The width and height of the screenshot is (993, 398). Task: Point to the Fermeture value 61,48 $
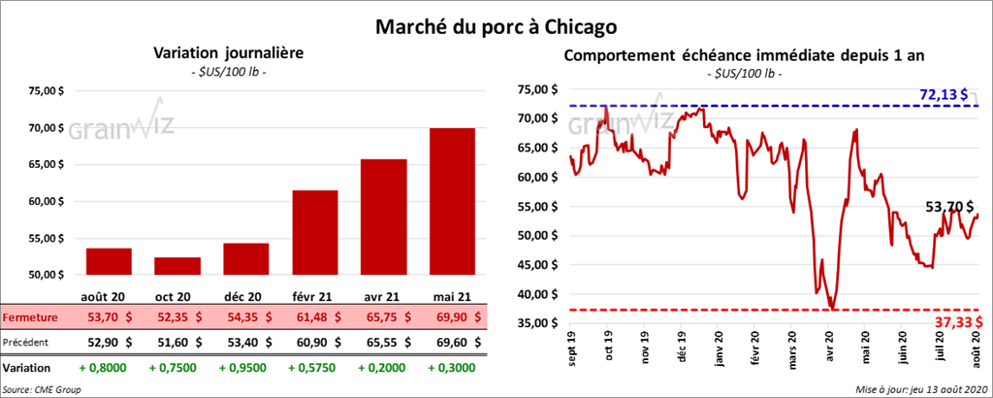point(315,317)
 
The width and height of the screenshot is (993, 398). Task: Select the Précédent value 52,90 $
point(109,343)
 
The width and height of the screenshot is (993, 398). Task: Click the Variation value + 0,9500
point(245,368)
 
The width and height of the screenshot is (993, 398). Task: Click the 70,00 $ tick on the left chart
point(46,128)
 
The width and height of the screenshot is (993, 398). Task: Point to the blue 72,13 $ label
point(944,94)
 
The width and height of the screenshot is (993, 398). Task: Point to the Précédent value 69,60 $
point(453,343)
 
